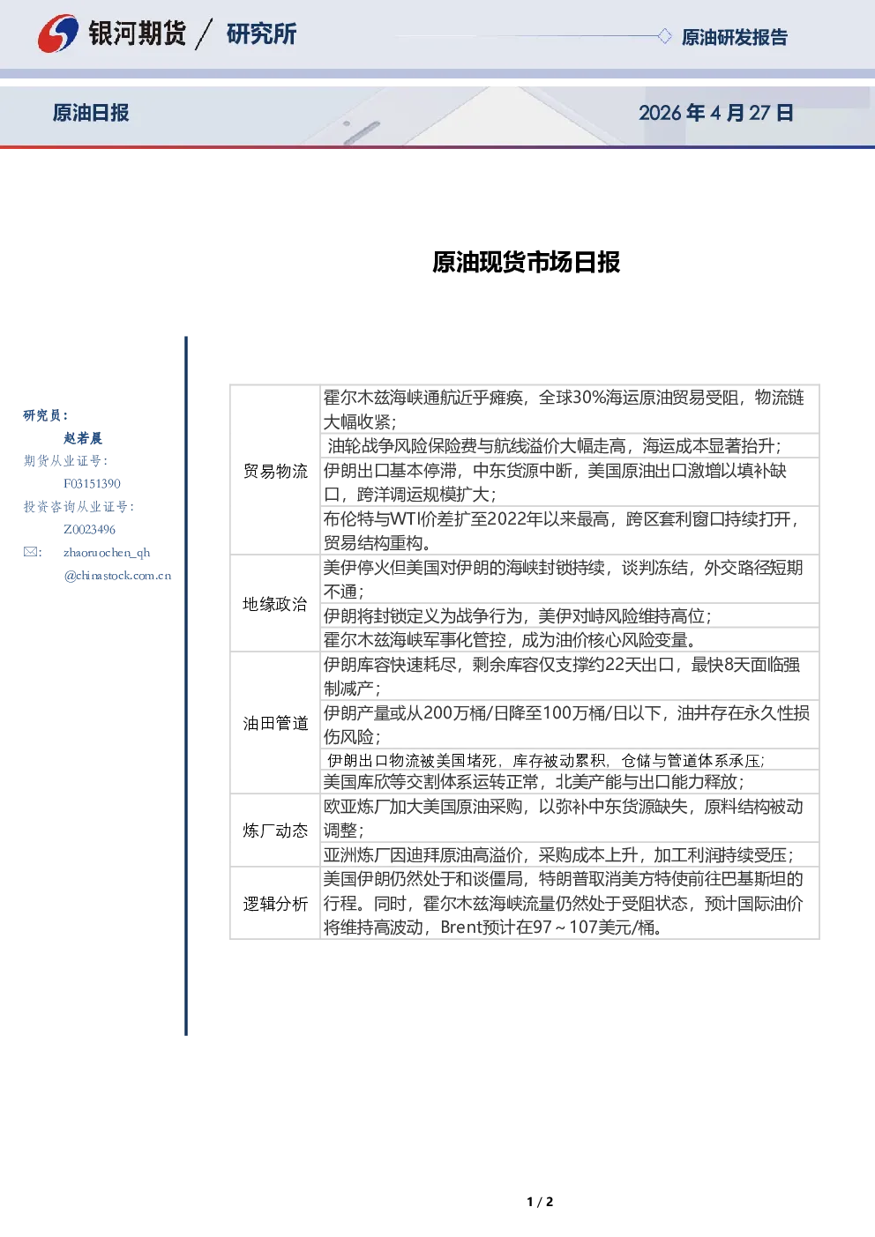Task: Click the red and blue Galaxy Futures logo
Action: tap(57, 34)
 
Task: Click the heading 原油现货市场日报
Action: tap(526, 262)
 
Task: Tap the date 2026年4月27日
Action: tap(716, 113)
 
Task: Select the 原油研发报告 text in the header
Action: tap(734, 37)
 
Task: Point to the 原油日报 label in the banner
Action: tap(91, 113)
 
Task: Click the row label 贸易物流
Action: tap(275, 471)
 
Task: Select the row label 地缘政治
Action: tap(275, 604)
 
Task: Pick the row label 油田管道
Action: tap(275, 724)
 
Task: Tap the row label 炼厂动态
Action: tap(275, 831)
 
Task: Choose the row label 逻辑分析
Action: tap(275, 904)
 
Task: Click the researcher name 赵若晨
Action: tap(83, 438)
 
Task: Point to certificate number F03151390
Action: tap(92, 484)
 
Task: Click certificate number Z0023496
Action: tap(89, 530)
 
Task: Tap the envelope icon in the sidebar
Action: tap(30, 552)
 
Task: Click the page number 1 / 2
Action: tap(540, 1202)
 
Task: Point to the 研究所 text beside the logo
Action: tap(261, 34)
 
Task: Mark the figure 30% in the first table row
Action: tap(588, 398)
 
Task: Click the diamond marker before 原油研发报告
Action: tap(664, 36)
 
